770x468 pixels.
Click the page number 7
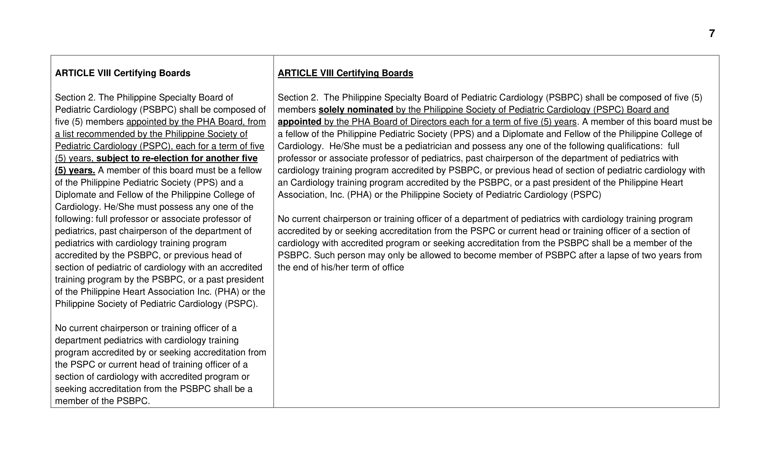pos(712,34)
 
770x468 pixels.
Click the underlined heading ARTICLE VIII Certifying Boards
pos(345,73)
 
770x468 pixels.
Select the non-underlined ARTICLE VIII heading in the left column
pos(122,73)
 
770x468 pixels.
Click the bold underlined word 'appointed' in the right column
pos(299,122)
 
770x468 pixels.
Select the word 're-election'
pos(165,158)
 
